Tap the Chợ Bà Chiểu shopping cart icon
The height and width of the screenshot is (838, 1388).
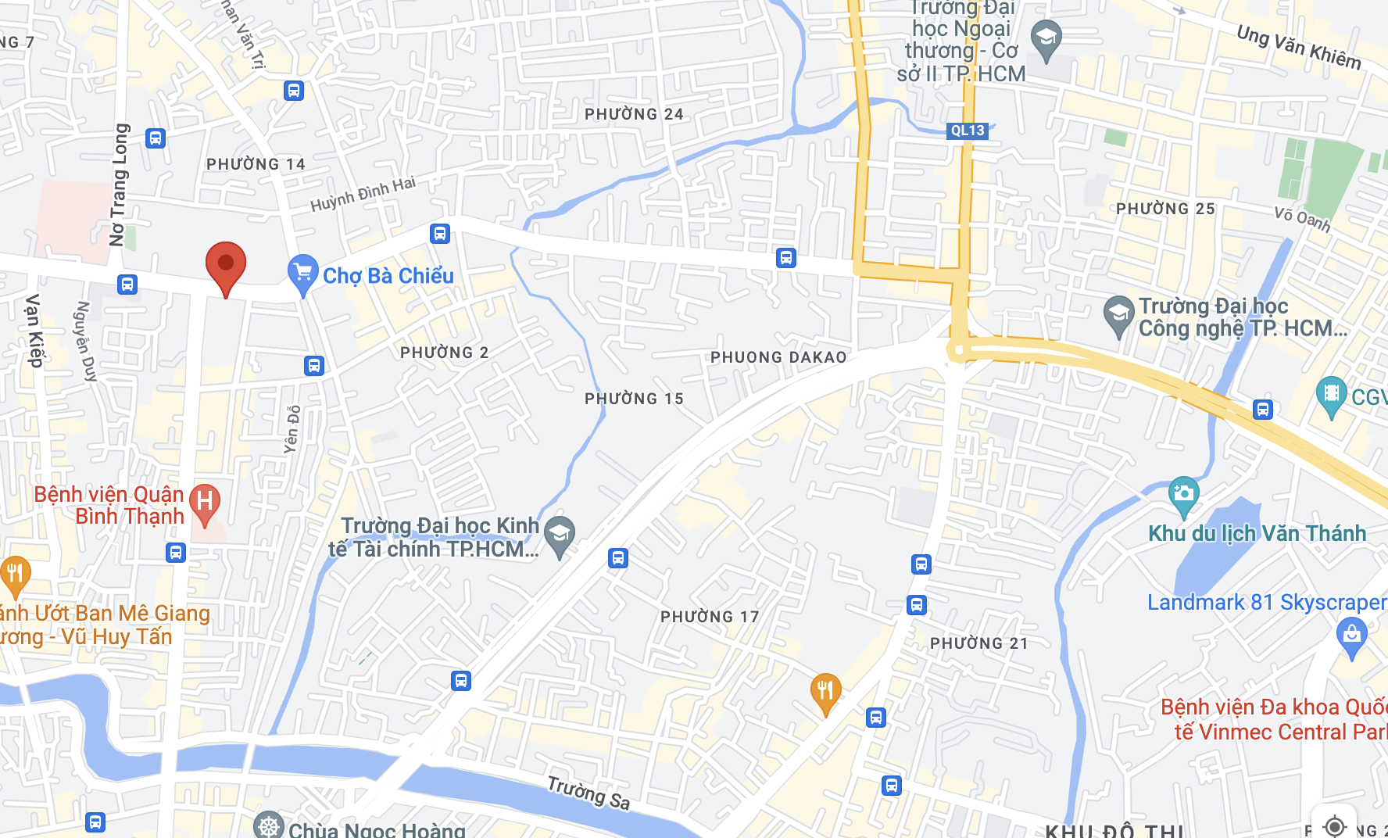pyautogui.click(x=302, y=273)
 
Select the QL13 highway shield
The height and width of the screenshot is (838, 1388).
pyautogui.click(x=968, y=131)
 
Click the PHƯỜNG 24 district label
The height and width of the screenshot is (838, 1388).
pyautogui.click(x=634, y=114)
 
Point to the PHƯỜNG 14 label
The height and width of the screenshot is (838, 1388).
pyautogui.click(x=256, y=164)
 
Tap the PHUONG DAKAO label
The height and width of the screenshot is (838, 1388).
pyautogui.click(x=778, y=357)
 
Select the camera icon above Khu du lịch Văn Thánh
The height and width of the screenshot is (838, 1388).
pyautogui.click(x=1183, y=494)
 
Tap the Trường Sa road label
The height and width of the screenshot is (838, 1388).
pyautogui.click(x=588, y=793)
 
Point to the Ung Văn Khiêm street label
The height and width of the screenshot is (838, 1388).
pyautogui.click(x=1298, y=47)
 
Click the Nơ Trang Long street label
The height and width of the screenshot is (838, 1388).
pyautogui.click(x=119, y=184)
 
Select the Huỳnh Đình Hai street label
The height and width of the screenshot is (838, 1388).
pyautogui.click(x=363, y=195)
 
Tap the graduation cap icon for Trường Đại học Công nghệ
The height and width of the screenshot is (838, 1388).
pyautogui.click(x=1118, y=314)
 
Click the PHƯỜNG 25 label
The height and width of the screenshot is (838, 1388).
pyautogui.click(x=1165, y=209)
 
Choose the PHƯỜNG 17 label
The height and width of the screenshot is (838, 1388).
pyautogui.click(x=710, y=617)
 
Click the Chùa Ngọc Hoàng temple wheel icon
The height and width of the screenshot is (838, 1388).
pyautogui.click(x=269, y=826)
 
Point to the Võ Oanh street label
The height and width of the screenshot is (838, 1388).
pyautogui.click(x=1302, y=219)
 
